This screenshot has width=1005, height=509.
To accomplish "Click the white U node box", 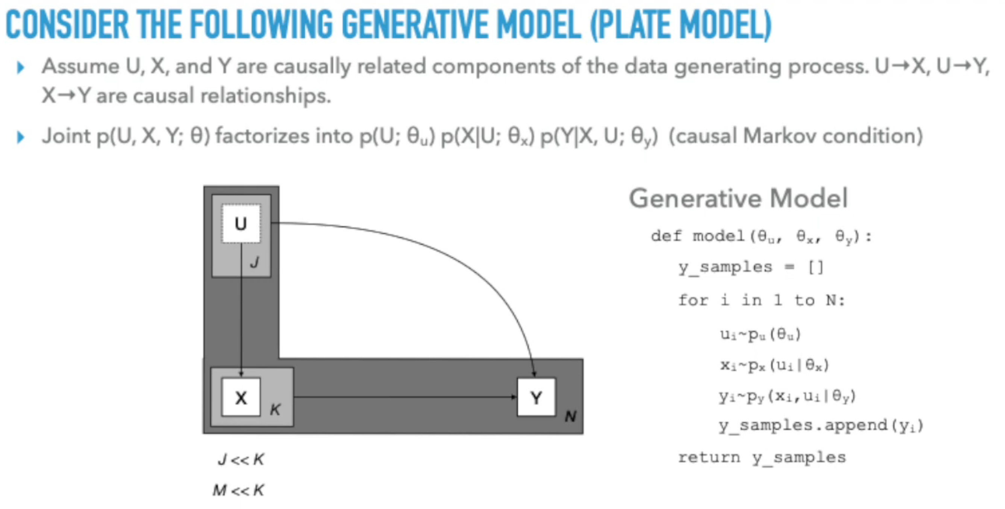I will pos(241,224).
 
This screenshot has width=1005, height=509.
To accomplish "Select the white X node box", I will pos(241,397).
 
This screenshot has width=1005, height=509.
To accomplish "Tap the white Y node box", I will pos(536,397).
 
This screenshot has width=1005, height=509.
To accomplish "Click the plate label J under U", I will pos(255,262).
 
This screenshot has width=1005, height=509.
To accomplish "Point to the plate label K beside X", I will pos(275,409).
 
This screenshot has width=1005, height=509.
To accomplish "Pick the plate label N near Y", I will pos(570,416).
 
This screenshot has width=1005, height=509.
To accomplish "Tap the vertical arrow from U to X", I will pos(241,312).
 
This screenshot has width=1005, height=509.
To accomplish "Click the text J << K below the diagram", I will pos(241,459).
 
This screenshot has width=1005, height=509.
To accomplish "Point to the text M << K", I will pos(238,490).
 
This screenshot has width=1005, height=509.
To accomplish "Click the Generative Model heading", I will pos(738,198).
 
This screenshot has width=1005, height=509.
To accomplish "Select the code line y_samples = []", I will pos(750,267).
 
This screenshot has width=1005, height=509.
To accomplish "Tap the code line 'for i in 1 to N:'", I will pos(761,300).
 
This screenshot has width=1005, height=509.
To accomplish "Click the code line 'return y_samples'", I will pos(762,457).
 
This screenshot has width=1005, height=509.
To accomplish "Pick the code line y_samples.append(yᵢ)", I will pos(821,425).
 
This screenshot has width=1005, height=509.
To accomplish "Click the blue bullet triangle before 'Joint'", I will pos(21,137).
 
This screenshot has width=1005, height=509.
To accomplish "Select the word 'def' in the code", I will pos(666,236).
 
